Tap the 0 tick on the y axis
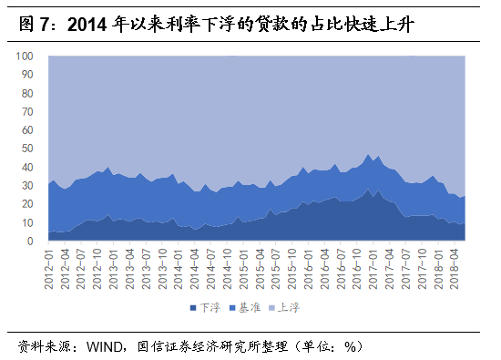31,242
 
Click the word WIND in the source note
107,346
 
